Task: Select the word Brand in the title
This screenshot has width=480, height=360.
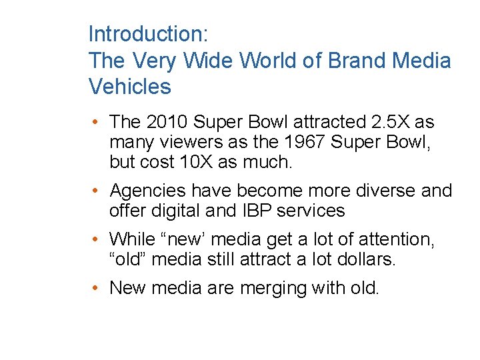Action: [x=361, y=61]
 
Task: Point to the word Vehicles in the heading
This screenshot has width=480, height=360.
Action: [x=130, y=87]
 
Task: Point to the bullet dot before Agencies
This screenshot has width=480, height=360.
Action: [x=97, y=192]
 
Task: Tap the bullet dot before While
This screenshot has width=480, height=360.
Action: [x=97, y=240]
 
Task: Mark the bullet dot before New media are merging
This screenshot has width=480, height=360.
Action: [x=97, y=289]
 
